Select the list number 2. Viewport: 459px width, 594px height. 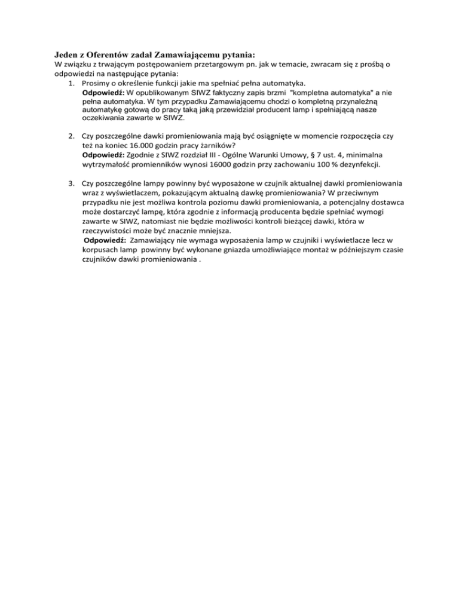tap(72, 136)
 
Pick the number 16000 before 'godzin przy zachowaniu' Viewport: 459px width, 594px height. tap(235, 163)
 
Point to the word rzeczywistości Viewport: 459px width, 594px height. tap(109, 229)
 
